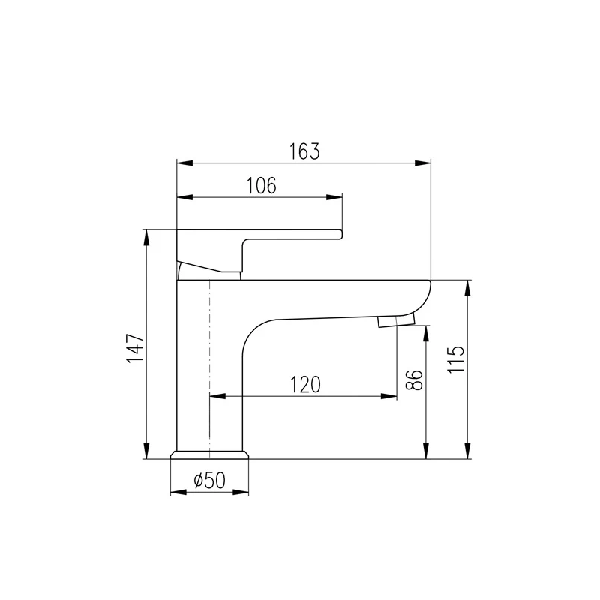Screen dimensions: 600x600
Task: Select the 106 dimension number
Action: [x=261, y=185]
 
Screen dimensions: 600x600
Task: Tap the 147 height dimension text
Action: [x=135, y=348]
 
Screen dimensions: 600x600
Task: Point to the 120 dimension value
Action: [x=305, y=384]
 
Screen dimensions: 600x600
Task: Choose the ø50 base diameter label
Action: [x=209, y=481]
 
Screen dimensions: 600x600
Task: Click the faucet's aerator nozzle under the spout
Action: [x=395, y=321]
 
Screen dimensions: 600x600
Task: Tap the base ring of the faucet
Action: [x=210, y=454]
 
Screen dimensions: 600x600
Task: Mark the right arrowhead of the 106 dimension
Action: [x=337, y=198]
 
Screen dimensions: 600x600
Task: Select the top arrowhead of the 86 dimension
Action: [x=426, y=331]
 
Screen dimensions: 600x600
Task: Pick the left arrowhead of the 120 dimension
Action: [x=215, y=397]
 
